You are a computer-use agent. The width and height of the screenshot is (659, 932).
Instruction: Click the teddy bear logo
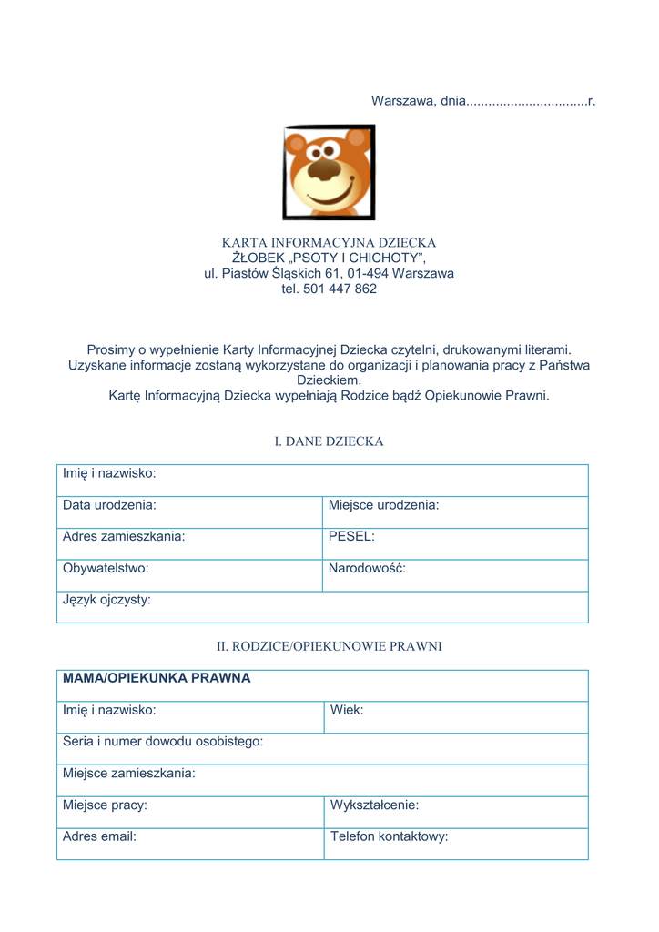click(x=329, y=172)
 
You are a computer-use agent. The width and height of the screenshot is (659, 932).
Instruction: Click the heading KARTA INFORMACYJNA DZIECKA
click(x=329, y=243)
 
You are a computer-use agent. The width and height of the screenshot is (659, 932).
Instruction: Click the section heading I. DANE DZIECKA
click(x=329, y=441)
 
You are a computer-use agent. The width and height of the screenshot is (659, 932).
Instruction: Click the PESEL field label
click(x=351, y=536)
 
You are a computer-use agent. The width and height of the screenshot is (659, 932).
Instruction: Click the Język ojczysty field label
click(x=106, y=600)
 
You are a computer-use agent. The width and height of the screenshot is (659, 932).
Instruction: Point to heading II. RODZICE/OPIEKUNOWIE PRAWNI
click(x=329, y=646)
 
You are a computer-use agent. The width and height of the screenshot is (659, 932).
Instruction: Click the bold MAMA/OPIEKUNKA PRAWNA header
click(x=157, y=678)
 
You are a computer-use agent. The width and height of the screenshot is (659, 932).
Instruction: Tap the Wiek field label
click(x=347, y=710)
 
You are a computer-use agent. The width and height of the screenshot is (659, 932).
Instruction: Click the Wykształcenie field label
click(x=374, y=805)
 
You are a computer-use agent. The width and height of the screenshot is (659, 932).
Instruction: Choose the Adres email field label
click(x=99, y=836)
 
